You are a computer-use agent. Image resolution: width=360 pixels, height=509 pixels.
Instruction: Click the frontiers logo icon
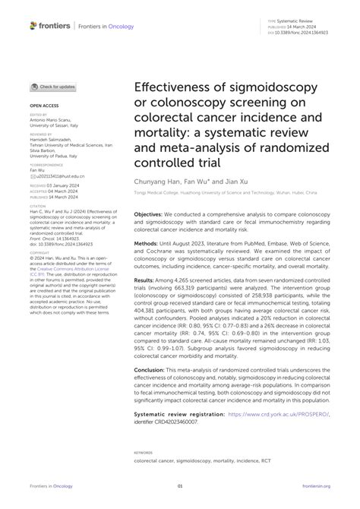(x=33, y=26)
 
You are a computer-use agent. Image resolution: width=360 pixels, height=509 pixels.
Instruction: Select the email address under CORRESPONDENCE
(x=62, y=175)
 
